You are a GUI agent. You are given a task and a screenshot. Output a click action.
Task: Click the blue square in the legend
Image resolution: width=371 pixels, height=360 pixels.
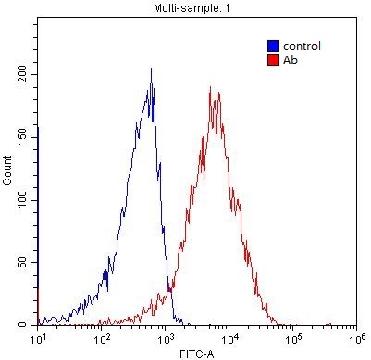tap(273, 45)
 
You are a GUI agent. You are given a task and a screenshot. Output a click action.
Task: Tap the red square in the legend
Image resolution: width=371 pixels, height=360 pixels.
tap(273, 59)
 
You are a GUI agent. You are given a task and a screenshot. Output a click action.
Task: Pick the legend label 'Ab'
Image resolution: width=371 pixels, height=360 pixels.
tap(291, 59)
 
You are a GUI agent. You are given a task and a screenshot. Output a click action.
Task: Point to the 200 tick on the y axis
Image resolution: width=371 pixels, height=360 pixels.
tap(25, 75)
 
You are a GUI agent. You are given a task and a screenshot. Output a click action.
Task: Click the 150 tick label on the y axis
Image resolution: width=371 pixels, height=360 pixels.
tap(25, 137)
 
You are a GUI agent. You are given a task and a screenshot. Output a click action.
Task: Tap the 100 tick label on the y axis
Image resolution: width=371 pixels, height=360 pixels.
tap(25, 200)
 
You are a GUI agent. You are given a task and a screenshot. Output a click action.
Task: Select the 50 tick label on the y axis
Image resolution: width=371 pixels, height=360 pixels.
tap(28, 263)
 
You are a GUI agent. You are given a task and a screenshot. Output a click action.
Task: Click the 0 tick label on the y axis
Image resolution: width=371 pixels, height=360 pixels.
tap(31, 325)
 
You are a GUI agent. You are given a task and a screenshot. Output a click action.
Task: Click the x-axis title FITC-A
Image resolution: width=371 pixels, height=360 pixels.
tap(196, 353)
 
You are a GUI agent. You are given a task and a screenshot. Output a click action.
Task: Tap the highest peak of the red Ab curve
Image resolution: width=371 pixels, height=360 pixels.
tap(212, 89)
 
